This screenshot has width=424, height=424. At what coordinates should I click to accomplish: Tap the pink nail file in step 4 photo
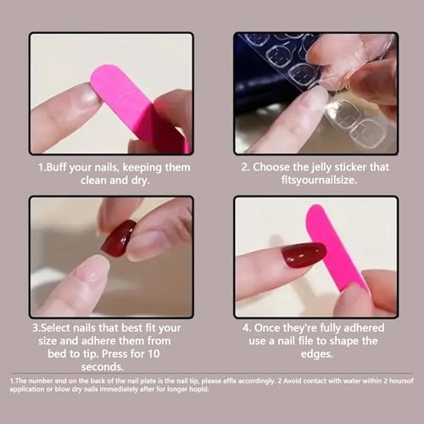click(335, 246)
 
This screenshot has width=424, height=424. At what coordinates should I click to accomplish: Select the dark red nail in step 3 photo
click(118, 237)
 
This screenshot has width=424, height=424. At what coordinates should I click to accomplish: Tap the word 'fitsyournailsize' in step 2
click(315, 181)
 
